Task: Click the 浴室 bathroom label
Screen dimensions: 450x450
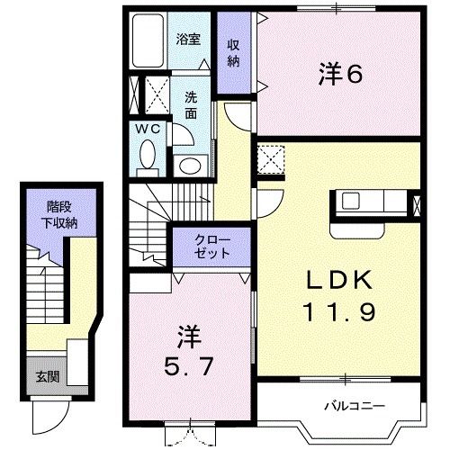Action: (x=188, y=40)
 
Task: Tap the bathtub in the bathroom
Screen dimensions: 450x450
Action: (x=148, y=40)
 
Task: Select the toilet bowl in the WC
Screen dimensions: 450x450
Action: (x=148, y=154)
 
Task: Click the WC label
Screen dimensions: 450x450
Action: (x=148, y=130)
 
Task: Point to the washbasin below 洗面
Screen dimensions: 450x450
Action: (x=191, y=166)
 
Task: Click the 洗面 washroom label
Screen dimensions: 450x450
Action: (x=191, y=105)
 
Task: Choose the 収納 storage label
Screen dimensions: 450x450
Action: (x=233, y=53)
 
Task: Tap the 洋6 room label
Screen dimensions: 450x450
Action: (x=340, y=74)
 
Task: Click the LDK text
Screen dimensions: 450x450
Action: (x=339, y=280)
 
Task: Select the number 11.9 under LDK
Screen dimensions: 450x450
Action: (x=339, y=312)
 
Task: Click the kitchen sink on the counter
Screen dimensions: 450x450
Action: (x=351, y=201)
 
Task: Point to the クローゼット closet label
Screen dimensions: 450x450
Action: (x=212, y=247)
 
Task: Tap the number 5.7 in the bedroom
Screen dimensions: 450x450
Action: (x=189, y=366)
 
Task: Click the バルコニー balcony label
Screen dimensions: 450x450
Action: (x=355, y=407)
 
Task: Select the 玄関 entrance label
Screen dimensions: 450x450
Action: (x=48, y=377)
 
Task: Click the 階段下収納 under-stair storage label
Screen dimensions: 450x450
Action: (x=59, y=215)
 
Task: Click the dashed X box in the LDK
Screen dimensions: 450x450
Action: (x=271, y=159)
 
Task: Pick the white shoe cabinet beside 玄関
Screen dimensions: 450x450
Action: (x=77, y=363)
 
